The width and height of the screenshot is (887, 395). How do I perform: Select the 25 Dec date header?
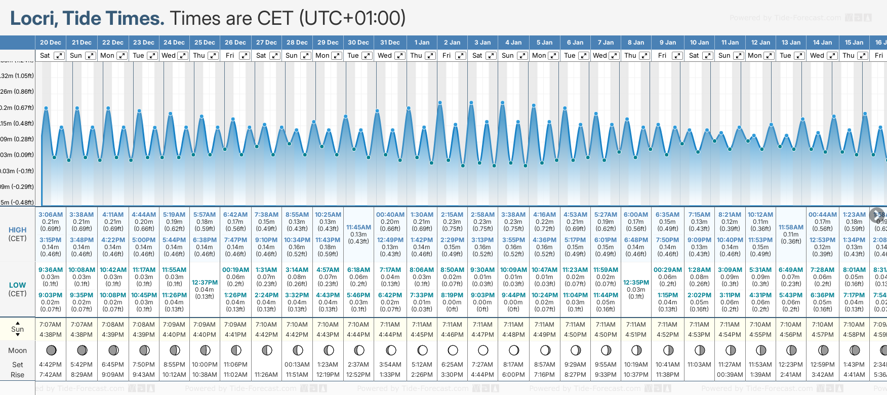pos(205,43)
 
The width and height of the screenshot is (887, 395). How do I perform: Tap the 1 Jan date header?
pos(422,43)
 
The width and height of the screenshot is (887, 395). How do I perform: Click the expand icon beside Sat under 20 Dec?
pos(59,56)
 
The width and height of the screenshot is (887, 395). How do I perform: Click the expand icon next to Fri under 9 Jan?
pos(677,56)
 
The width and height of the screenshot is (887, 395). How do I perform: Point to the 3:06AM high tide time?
pos(51,215)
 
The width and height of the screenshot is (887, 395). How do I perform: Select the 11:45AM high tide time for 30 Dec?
pos(358,227)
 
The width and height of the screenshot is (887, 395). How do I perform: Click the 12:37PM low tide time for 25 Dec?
pos(205,283)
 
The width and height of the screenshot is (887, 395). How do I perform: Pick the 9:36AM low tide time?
pos(51,270)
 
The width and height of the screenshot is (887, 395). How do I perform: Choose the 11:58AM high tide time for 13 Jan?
pos(791,227)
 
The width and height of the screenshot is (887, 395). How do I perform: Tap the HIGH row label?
pos(17,230)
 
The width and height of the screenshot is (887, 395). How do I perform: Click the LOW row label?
pos(17,285)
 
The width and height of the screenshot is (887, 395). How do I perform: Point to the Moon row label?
pos(17,350)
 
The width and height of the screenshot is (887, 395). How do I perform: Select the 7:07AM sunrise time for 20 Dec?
pos(50,325)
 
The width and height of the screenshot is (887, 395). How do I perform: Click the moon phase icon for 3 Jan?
pos(483,350)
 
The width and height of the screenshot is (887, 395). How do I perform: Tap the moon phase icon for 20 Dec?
pos(51,350)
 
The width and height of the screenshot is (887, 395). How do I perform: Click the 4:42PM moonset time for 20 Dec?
pos(50,365)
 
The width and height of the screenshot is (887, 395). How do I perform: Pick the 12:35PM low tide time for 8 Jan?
pos(636,283)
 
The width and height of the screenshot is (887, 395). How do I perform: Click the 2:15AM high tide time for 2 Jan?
pos(452,215)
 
